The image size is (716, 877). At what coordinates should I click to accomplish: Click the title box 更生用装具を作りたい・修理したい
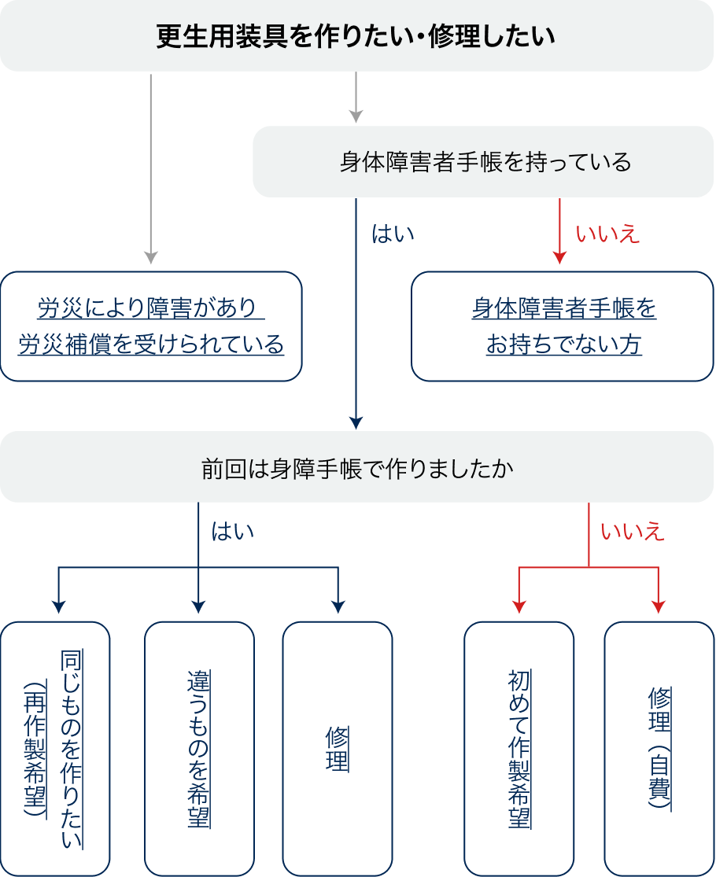357,36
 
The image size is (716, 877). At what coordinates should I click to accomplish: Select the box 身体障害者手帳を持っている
483,162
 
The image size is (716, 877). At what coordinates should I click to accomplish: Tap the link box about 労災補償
151,326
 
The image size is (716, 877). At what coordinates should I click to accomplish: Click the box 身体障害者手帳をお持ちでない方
563,326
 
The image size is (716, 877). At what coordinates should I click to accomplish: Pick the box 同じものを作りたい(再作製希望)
55,748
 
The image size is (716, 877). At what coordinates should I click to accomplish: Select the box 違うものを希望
199,748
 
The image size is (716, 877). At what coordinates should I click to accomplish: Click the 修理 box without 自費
338,748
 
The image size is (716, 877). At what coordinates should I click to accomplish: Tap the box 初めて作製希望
519,748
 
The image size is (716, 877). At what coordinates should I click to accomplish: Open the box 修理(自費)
659,748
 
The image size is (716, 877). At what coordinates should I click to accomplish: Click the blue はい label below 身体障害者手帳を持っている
392,234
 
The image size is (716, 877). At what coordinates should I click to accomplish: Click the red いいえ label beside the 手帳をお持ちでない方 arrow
607,234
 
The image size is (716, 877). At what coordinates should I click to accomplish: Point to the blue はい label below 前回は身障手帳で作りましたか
233,532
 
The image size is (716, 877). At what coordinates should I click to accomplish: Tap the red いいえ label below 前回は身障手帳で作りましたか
633,532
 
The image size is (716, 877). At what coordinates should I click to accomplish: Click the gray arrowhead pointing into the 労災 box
151,258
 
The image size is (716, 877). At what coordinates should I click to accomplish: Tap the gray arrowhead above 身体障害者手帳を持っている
356,116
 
